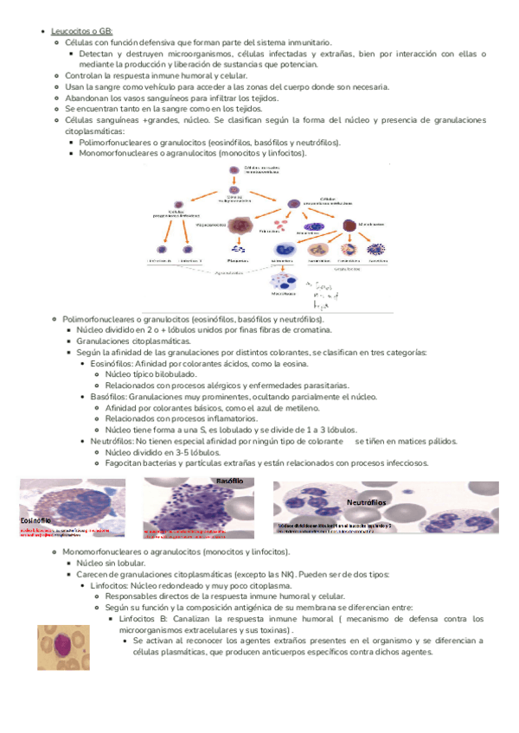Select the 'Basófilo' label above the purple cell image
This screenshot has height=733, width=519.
point(230,479)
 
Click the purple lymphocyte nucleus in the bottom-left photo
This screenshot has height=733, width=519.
point(61,647)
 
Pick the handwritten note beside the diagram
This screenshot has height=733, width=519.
point(321,290)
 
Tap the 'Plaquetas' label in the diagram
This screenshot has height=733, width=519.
point(236,260)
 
